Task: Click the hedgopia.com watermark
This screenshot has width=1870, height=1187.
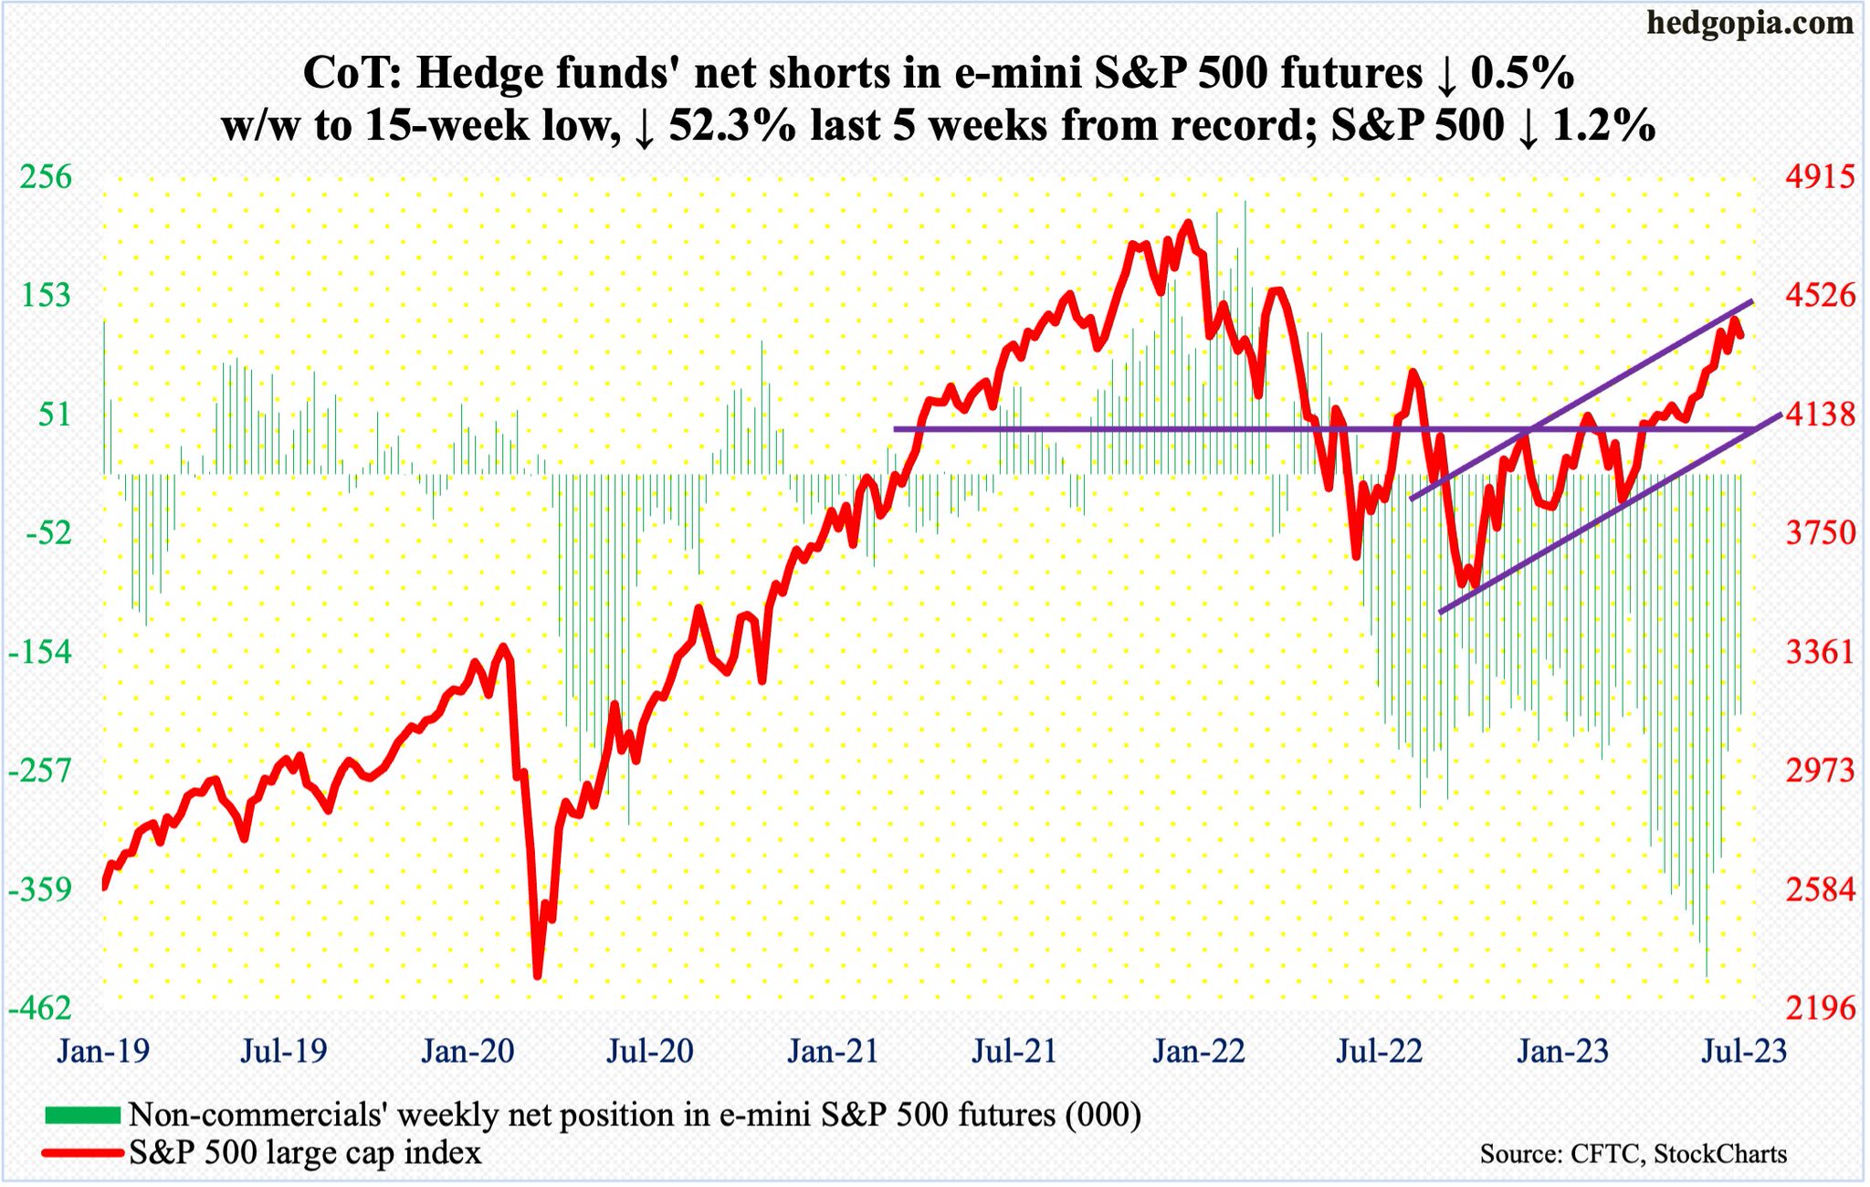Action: point(1749,22)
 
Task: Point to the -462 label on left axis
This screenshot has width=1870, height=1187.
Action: point(40,1008)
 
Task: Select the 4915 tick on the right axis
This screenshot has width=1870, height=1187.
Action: point(1821,176)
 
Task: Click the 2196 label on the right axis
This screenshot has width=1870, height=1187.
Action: point(1821,1008)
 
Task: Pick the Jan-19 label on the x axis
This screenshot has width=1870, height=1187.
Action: point(102,1051)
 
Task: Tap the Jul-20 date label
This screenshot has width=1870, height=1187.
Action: point(650,1051)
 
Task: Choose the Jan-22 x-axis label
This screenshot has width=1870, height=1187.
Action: point(1198,1051)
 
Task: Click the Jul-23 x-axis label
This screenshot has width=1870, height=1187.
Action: point(1744,1051)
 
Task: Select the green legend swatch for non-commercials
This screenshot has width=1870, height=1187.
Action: point(82,1115)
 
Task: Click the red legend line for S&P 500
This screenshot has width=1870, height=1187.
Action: point(82,1153)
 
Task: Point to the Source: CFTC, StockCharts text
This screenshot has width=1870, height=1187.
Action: point(1633,1154)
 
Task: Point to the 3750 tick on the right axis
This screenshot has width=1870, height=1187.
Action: point(1821,532)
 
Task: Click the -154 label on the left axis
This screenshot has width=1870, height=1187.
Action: point(40,652)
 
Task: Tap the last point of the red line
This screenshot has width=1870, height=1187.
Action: point(1740,335)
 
